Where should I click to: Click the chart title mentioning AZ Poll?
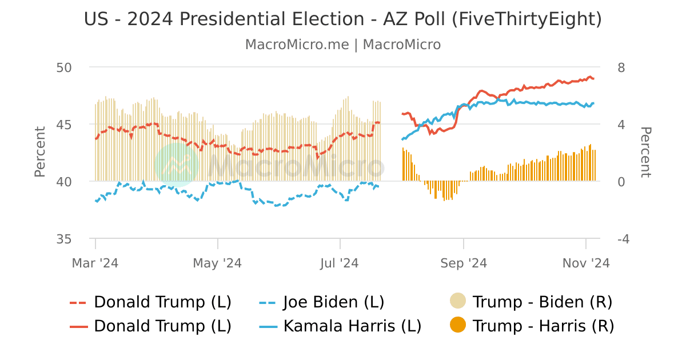(x=342, y=19)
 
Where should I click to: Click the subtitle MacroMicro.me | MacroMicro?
(x=342, y=45)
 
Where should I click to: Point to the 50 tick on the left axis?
(x=64, y=67)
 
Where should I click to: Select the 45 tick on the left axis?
(x=64, y=125)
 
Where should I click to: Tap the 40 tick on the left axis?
(x=64, y=182)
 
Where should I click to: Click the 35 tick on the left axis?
(x=64, y=239)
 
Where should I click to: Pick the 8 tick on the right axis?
(x=621, y=67)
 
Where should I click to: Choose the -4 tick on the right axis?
(x=623, y=239)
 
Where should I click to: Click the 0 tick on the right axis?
(x=621, y=182)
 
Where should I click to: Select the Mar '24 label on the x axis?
(x=95, y=263)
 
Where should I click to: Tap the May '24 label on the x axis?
(x=217, y=263)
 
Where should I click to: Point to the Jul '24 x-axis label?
(x=340, y=263)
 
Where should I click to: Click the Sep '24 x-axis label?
(x=463, y=263)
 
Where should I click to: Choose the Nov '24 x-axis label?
(x=585, y=263)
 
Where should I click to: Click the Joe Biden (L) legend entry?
(x=334, y=302)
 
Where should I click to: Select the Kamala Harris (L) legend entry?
(x=352, y=326)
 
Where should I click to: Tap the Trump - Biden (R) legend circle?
(x=458, y=301)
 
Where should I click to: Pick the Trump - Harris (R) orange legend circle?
(x=458, y=326)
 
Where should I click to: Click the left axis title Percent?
(x=39, y=152)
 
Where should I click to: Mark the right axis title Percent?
(x=645, y=152)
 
